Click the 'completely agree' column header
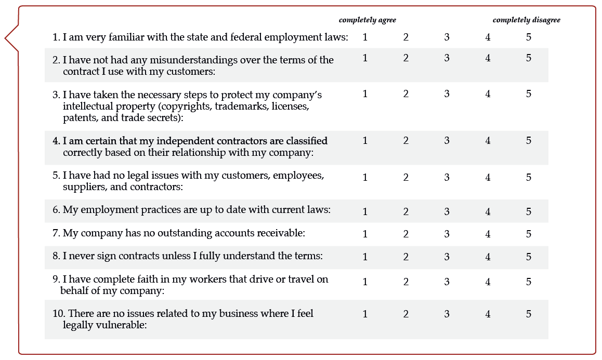tap(367, 20)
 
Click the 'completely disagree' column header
tap(526, 20)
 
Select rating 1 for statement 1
tap(365, 37)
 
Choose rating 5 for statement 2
tap(529, 58)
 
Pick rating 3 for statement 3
tap(447, 94)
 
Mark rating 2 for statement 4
tap(406, 141)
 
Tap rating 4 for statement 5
tap(488, 178)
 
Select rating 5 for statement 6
tap(529, 212)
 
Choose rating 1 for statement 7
tap(365, 234)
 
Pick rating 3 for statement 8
tap(447, 257)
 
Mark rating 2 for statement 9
tap(406, 282)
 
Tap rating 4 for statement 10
tap(488, 314)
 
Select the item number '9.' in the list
tap(56, 279)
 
